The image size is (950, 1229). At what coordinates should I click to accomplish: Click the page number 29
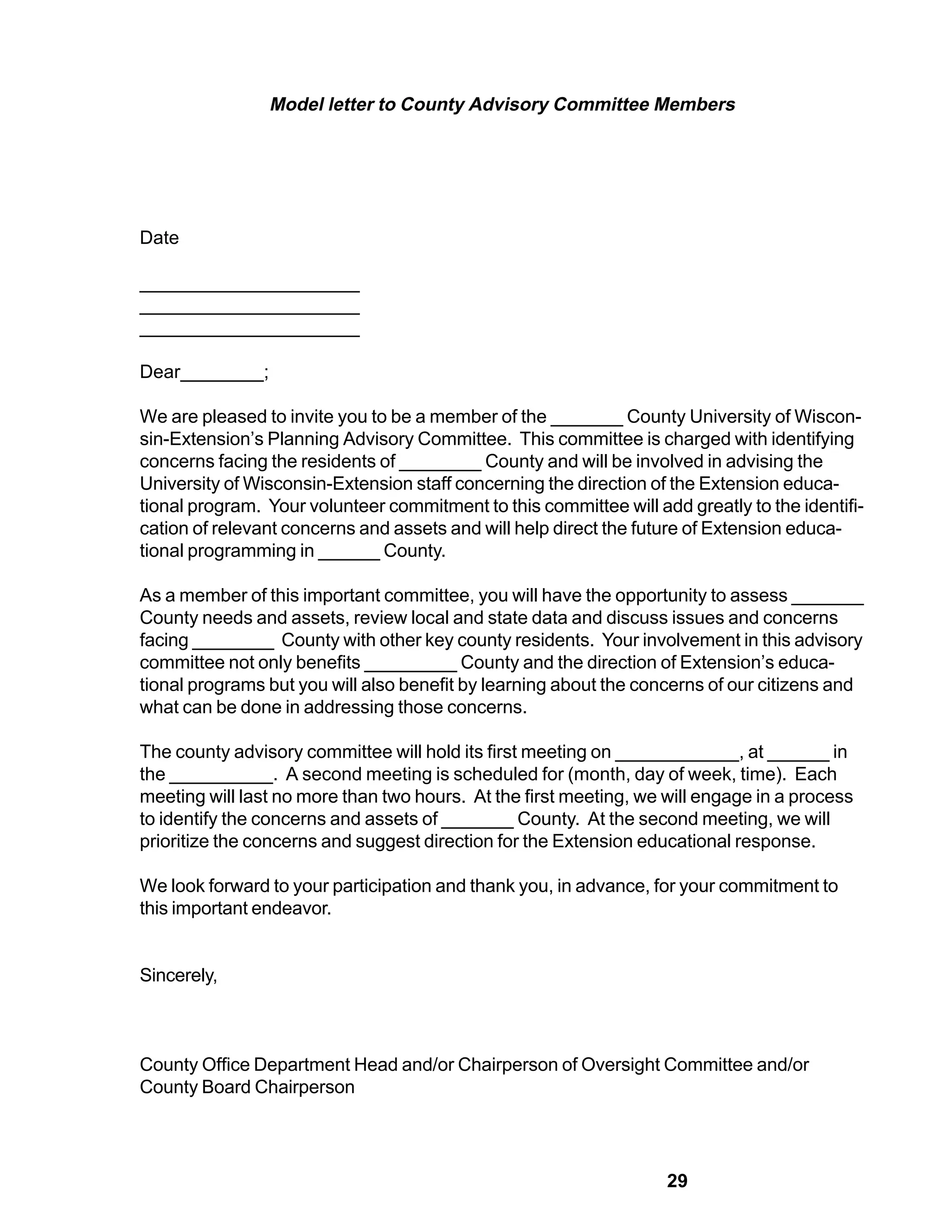[677, 1180]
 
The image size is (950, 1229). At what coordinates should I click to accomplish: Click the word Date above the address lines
[159, 237]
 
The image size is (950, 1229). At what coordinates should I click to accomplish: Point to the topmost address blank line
[249, 291]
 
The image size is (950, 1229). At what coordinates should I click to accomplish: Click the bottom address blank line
[249, 335]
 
